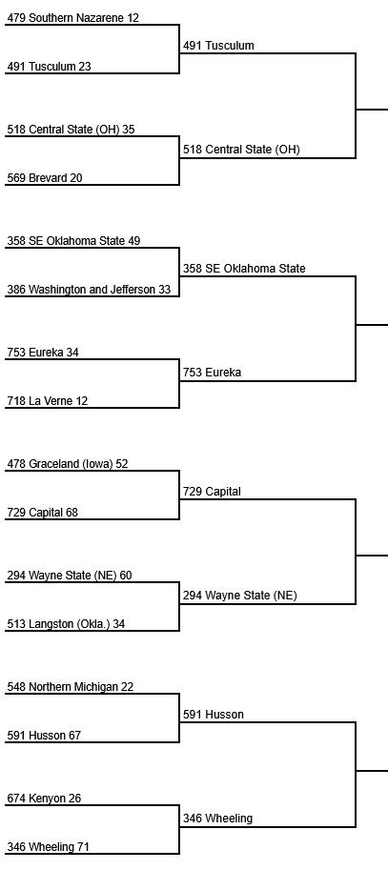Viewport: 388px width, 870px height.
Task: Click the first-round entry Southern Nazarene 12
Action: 72,18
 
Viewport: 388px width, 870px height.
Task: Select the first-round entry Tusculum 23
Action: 49,67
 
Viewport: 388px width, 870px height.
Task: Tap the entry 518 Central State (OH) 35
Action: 71,130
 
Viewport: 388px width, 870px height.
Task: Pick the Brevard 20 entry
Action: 45,178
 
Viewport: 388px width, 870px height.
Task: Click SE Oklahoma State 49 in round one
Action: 73,241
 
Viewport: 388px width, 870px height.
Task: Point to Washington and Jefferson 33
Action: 89,290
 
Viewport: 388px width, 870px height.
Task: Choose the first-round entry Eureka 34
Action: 43,353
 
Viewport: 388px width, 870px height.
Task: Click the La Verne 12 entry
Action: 47,401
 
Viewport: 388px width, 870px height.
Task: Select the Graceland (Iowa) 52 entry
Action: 67,464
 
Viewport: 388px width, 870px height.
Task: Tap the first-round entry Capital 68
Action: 42,513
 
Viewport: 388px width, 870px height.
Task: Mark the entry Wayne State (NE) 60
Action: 70,576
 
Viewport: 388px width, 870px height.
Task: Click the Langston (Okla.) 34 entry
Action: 66,624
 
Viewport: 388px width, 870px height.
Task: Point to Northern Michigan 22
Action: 70,687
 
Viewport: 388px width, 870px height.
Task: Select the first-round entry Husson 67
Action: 44,736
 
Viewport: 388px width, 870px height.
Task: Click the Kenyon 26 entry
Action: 44,799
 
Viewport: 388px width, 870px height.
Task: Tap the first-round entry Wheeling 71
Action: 48,847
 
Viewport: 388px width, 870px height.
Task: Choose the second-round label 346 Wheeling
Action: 217,819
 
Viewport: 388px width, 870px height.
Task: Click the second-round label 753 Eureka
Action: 212,373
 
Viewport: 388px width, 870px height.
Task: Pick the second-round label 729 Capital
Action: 212,492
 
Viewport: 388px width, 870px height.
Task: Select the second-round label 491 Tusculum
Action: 218,46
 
